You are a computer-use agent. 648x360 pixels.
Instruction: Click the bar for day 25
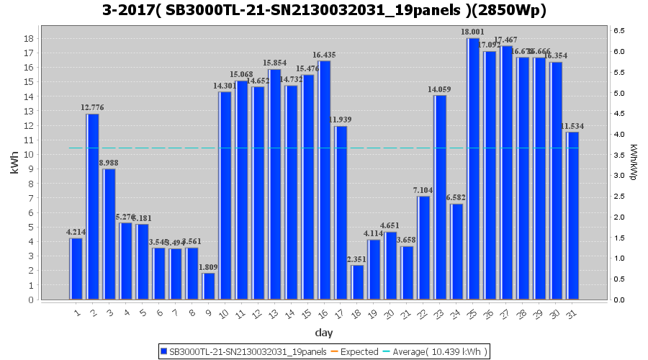click(x=473, y=169)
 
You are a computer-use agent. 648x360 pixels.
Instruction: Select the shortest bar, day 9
click(x=208, y=287)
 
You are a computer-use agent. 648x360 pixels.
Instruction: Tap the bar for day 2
click(x=92, y=207)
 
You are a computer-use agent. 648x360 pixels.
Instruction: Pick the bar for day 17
click(x=341, y=212)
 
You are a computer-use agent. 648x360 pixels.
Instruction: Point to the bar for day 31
click(x=572, y=215)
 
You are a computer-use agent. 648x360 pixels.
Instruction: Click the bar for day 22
click(x=423, y=248)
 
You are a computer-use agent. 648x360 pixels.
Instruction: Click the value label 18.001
click(x=473, y=32)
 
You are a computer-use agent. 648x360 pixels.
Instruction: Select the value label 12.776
click(x=92, y=108)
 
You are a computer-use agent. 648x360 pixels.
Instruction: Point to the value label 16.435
click(x=324, y=55)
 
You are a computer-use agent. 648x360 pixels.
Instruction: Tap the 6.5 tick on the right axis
click(x=618, y=30)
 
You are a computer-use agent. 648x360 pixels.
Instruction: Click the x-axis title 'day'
click(x=323, y=333)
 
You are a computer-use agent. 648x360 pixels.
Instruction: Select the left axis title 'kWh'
click(x=14, y=166)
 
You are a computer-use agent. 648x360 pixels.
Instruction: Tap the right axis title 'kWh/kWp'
click(x=633, y=162)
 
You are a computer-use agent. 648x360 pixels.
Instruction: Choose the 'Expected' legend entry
click(x=358, y=351)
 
